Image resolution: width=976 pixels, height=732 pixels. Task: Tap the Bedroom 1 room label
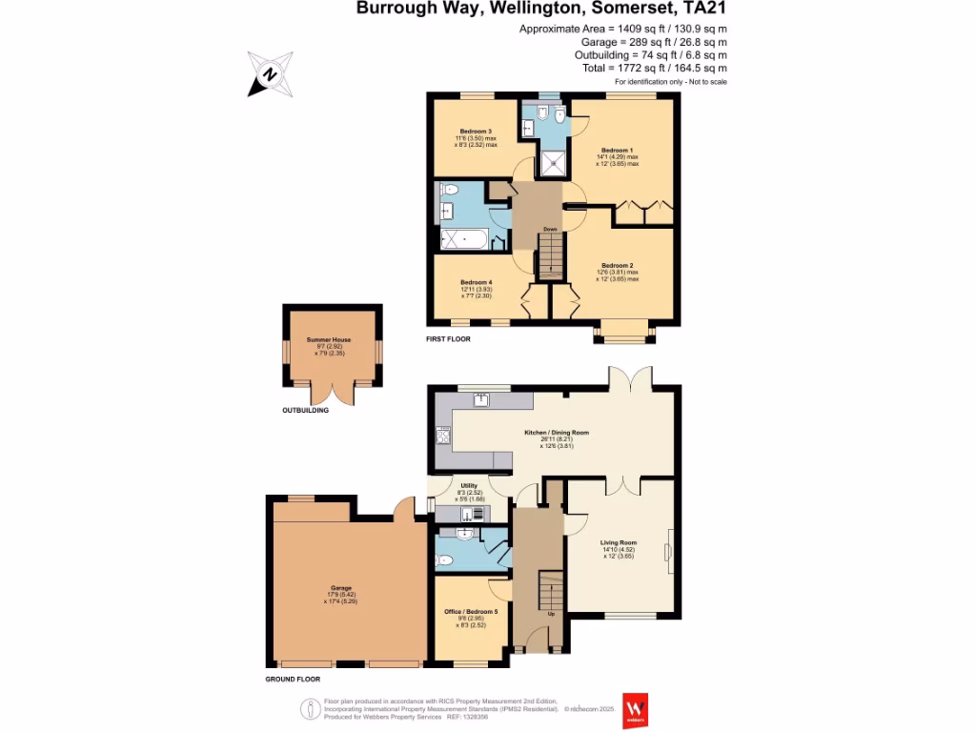tap(617, 151)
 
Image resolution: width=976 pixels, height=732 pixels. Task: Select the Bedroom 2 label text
tap(618, 265)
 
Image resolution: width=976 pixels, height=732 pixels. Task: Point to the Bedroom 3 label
tap(476, 132)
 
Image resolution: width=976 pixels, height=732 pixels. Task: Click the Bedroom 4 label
tap(476, 282)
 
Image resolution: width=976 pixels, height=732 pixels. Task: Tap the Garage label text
tap(341, 588)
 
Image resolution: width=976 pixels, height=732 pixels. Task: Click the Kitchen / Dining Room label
tap(557, 433)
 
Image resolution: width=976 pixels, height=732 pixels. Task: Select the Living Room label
tap(619, 542)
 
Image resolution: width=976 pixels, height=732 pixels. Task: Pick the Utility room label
tap(469, 486)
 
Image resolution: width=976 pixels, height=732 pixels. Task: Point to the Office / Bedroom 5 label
tap(471, 612)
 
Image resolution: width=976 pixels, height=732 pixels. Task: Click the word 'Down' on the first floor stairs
tap(550, 230)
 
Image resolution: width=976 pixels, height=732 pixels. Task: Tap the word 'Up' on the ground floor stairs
tap(551, 613)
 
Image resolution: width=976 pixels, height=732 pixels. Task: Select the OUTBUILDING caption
tap(305, 411)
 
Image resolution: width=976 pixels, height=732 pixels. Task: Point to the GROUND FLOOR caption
tap(293, 680)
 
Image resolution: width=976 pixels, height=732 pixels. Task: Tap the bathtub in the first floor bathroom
tap(464, 238)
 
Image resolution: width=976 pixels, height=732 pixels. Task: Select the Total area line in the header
tap(655, 69)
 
